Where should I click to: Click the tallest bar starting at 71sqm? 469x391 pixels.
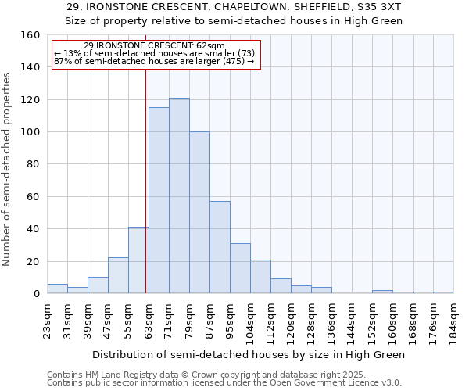point(179,195)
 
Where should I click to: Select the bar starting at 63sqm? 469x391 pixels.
point(159,200)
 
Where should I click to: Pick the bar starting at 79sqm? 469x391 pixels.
point(199,213)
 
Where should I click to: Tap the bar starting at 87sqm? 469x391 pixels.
point(220,247)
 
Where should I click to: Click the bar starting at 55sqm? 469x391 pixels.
point(138,260)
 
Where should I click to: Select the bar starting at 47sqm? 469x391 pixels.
point(118,276)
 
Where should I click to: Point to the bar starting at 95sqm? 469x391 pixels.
point(240,268)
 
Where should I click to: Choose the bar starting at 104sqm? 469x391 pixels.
point(260,277)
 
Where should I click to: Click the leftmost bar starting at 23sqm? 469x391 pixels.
point(57,289)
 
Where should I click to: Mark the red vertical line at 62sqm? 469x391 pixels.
point(145,180)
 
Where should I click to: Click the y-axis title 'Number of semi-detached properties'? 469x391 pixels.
point(7,164)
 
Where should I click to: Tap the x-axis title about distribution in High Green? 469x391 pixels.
point(249,354)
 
